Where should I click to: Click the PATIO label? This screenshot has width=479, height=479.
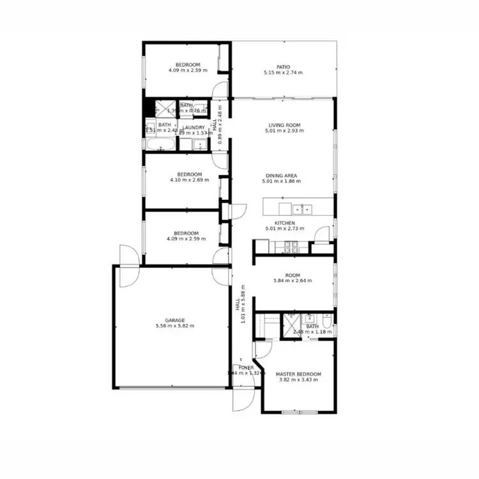pos(283,66)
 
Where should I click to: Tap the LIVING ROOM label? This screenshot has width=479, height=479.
pos(283,125)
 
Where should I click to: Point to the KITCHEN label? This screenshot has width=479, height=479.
pos(284,223)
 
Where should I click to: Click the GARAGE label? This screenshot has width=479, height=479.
pos(174,320)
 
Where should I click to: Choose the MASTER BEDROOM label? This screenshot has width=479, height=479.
pos(298,374)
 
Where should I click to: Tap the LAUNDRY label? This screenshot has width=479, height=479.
pos(194,127)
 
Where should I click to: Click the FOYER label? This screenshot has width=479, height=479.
pos(246,368)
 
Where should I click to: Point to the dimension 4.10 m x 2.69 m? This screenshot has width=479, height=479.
pos(190,181)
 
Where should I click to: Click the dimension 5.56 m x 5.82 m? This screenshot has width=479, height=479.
pos(174,326)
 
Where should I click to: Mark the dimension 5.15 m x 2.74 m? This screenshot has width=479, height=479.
pos(283,72)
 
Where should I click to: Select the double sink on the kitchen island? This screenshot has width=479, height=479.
pos(301,208)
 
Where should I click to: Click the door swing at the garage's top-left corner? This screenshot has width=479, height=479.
pos(126,266)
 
